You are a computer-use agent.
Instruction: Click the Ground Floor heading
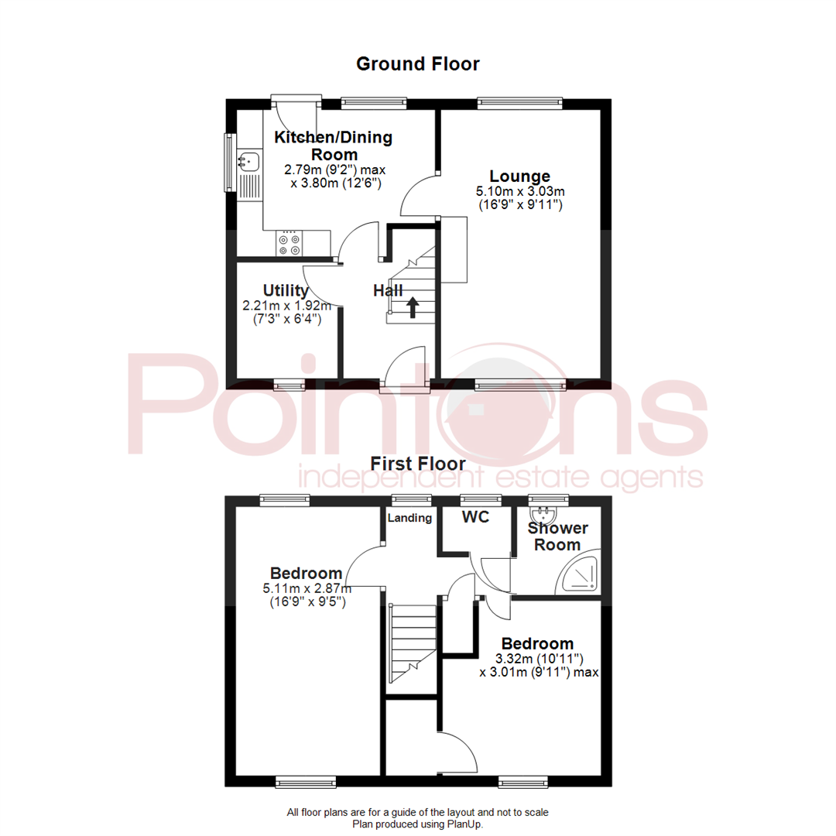click(417, 63)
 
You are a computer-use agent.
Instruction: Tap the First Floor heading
click(417, 464)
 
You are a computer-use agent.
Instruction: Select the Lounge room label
click(519, 176)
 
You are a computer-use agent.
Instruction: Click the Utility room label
click(286, 291)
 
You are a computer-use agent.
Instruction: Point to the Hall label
click(388, 291)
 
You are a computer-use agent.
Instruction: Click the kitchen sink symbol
click(250, 162)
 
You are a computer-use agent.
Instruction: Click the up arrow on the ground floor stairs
click(412, 307)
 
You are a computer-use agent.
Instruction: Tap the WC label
click(476, 518)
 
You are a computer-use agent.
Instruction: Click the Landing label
click(409, 518)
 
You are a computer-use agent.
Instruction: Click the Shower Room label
click(557, 536)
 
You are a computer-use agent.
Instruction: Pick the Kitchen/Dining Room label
click(334, 146)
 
